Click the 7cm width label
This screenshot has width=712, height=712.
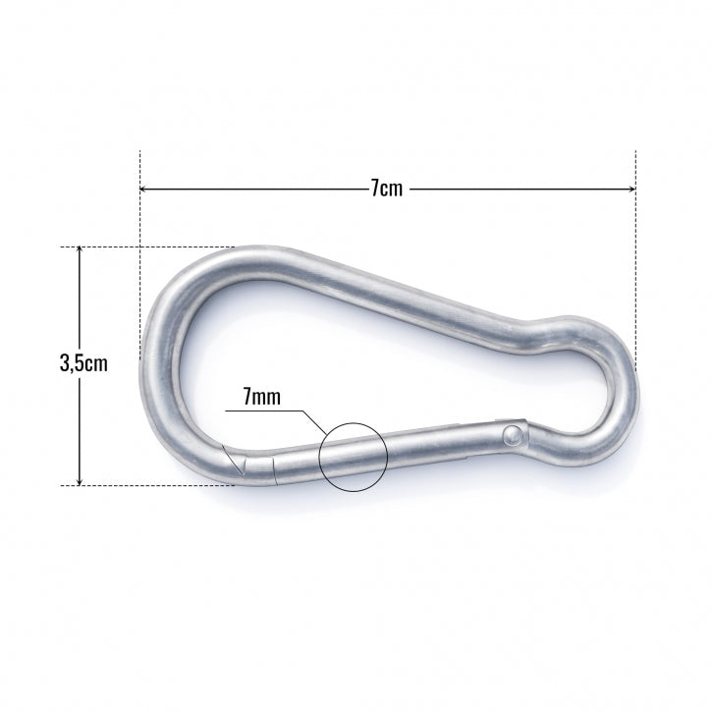387,189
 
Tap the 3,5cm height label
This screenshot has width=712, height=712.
83,363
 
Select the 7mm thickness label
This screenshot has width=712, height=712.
262,397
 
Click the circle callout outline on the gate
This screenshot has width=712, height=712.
355,424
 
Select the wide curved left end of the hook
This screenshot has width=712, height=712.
157,363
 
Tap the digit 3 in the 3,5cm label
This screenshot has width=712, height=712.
66,363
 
